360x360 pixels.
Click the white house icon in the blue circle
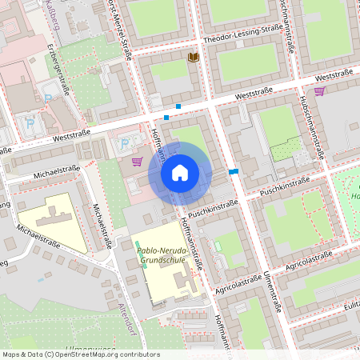click(x=180, y=172)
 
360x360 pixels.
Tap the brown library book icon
click(x=192, y=58)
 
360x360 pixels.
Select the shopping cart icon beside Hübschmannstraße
click(x=320, y=91)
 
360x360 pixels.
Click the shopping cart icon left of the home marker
click(x=137, y=162)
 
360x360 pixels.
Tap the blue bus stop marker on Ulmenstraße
click(x=233, y=171)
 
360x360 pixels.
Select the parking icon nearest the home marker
click(x=124, y=144)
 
